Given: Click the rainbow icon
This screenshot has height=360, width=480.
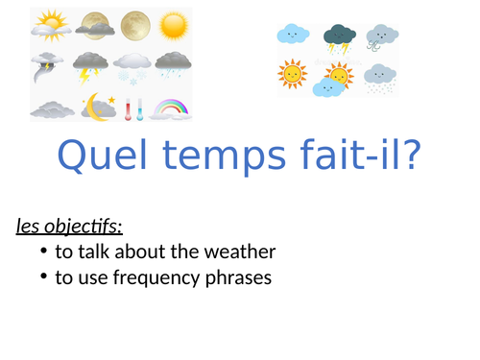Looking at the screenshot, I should pos(173,105).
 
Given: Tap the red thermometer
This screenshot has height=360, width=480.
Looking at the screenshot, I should pos(132,108).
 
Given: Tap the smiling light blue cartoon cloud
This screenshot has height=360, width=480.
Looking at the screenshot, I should pos(292,36).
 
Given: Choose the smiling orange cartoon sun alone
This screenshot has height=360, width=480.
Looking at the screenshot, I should pos(292,74).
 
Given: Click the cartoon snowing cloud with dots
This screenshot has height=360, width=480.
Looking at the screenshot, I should pos(381,77).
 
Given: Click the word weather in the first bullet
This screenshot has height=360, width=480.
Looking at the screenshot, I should pos(239,252).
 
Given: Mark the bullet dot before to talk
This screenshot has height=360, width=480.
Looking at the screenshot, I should pos(44,252).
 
